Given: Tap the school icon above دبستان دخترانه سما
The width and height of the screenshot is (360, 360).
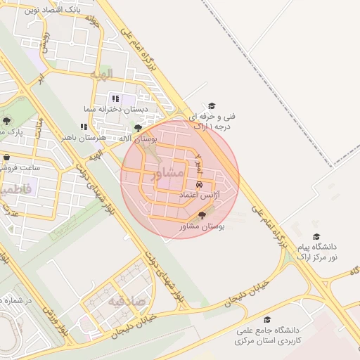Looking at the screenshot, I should coord(115,98).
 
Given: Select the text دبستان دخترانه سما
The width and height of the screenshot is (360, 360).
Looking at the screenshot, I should coord(124,109).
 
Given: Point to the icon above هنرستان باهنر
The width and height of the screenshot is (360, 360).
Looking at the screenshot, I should coord(84,127).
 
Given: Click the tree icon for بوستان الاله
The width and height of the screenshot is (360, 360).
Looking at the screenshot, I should coord(138,128).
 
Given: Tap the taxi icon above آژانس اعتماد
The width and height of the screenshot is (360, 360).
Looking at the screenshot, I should coord(200,184).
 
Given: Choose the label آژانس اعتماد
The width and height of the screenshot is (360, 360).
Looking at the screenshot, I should coord(200,193).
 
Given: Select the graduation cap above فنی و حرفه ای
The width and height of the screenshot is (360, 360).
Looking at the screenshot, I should coord(212,105).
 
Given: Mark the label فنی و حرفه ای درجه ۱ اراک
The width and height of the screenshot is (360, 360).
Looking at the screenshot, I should coord(212,120).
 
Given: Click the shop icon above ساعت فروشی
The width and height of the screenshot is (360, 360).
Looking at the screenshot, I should coord(7,157).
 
